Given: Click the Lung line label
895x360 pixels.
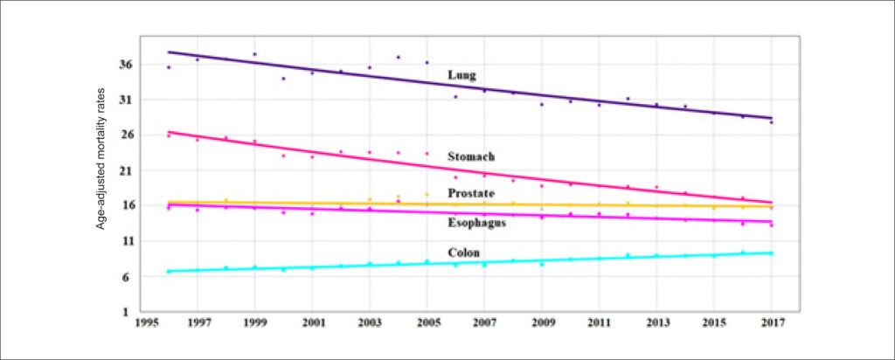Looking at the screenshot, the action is point(461,75).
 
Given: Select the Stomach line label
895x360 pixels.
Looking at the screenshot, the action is point(471,156).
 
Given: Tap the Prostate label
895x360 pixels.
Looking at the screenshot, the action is point(471,193).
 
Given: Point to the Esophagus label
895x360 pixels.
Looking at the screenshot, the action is point(477,223).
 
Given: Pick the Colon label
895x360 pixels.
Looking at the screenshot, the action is point(463,253).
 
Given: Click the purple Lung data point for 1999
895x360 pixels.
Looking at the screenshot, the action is point(254,54).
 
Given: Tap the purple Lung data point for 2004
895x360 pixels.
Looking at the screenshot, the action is point(398,57).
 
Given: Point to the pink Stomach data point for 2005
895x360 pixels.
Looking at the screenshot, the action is point(427,154).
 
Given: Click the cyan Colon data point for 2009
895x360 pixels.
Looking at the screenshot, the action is point(542,264).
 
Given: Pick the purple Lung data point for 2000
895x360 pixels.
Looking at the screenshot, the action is point(283,78).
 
